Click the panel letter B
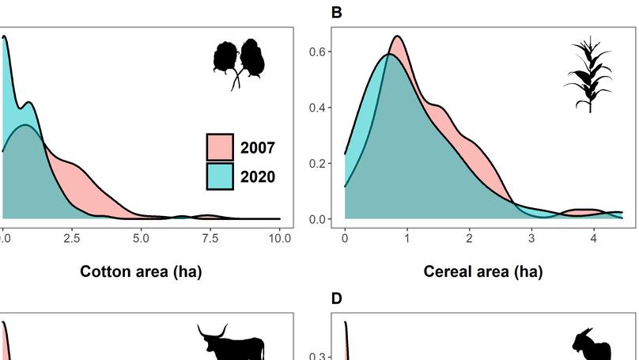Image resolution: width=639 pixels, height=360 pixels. coord(337,13)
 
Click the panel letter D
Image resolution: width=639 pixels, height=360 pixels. coord(337,298)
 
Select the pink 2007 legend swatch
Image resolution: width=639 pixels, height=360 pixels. coord(220,147)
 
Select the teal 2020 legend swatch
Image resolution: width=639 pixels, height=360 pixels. coord(220,176)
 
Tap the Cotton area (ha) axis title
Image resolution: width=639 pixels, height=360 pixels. coord(141,272)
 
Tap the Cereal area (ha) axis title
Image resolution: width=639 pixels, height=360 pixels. coord(482,272)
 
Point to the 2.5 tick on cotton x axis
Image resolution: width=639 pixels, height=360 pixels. coord(72,237)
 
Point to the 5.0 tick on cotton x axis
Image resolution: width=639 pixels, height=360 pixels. coord(141,237)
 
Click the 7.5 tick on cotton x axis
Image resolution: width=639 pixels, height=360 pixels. coord(210,237)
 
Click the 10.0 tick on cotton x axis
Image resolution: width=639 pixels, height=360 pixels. coord(279,237)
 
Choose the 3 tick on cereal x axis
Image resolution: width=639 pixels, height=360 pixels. coord(531,237)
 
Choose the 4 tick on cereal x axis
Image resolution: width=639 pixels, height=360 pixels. coord(593,237)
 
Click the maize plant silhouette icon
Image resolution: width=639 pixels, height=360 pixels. coord(588,74)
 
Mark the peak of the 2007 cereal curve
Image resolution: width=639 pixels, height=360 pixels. coord(398,36)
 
